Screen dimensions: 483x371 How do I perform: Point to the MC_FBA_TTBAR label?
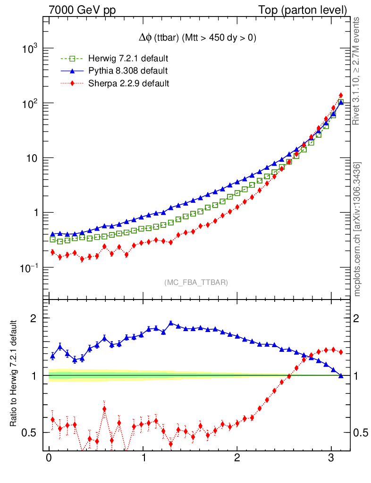coord(196,283)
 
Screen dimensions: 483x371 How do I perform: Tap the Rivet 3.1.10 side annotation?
coord(357,71)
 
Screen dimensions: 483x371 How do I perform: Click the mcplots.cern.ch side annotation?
coord(357,229)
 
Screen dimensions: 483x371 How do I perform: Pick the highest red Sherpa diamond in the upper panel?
coord(341,95)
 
